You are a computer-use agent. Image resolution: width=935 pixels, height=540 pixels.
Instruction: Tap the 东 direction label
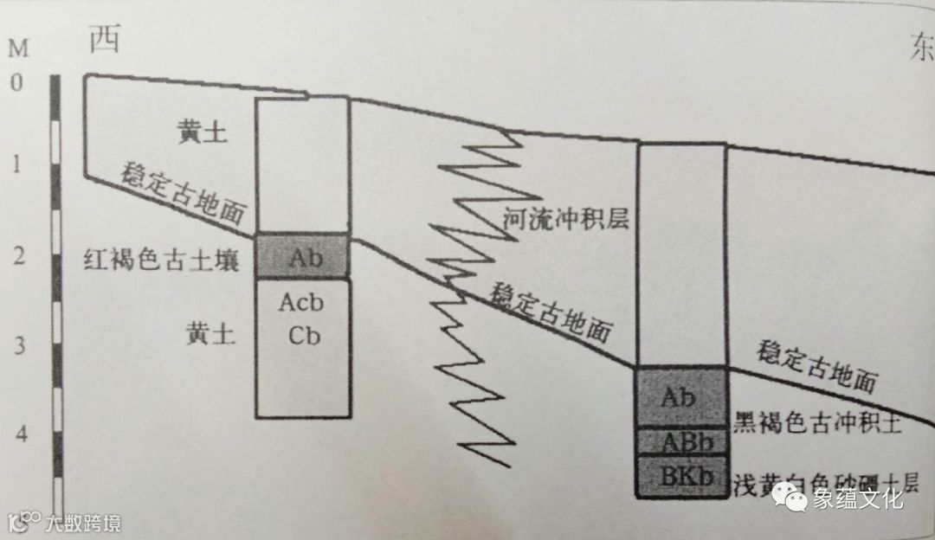pyautogui.click(x=920, y=50)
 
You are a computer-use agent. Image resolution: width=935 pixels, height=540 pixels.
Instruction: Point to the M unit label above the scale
pyautogui.click(x=18, y=48)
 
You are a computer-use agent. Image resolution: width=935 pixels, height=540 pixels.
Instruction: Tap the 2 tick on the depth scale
pyautogui.click(x=18, y=257)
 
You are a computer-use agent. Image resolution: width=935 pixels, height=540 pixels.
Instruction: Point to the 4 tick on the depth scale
pyautogui.click(x=18, y=434)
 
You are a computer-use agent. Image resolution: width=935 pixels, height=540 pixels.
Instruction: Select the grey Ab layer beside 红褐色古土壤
pyautogui.click(x=304, y=256)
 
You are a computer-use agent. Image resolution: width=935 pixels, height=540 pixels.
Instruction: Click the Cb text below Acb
pyautogui.click(x=304, y=336)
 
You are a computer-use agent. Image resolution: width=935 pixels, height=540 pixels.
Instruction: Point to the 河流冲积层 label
pyautogui.click(x=564, y=221)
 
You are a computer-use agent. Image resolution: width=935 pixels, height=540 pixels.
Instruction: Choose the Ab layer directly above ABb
pyautogui.click(x=680, y=397)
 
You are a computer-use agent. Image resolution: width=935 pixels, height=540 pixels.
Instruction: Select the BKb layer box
pyautogui.click(x=680, y=476)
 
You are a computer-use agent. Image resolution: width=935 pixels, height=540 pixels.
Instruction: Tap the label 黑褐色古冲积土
pyautogui.click(x=818, y=422)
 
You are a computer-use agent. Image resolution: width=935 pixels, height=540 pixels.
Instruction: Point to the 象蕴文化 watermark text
pyautogui.click(x=857, y=499)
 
